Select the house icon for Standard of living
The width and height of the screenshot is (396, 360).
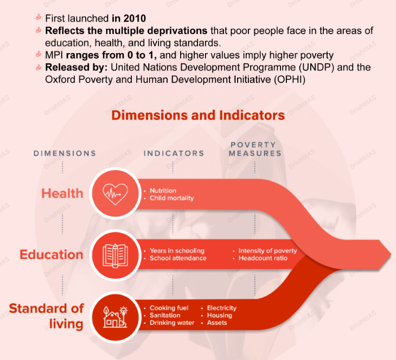(x=115, y=316)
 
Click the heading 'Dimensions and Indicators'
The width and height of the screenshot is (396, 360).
(x=198, y=115)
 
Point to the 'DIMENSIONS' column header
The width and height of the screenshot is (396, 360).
(x=65, y=153)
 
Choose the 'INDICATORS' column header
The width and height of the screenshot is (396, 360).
(x=174, y=153)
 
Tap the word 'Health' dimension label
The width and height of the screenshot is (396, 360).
(x=62, y=194)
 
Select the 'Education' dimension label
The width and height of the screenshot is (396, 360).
(x=52, y=254)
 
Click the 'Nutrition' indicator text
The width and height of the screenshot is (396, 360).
(x=163, y=191)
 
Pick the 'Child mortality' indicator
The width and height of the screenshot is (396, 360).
(x=171, y=198)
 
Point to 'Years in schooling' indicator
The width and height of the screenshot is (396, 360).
(x=177, y=251)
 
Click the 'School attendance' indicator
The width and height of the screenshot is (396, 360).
(x=178, y=258)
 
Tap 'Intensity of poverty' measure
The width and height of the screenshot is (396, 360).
(x=267, y=251)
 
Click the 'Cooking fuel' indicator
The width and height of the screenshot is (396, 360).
(x=169, y=308)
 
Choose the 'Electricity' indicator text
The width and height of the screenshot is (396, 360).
(x=221, y=308)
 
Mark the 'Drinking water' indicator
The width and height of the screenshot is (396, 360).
(x=172, y=323)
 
